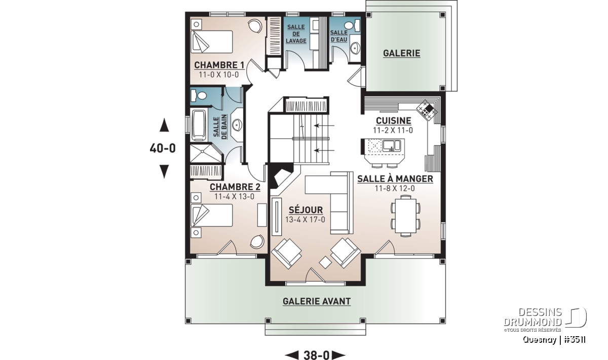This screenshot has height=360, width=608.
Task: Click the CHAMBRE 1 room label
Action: [219, 65]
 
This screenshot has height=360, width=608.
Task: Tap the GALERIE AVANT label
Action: [317, 301]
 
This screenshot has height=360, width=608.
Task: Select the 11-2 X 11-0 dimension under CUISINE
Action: [393, 131]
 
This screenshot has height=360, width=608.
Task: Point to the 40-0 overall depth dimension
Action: [163, 148]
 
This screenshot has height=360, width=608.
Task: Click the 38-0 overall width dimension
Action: [316, 355]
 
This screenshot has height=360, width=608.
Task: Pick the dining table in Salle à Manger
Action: [405, 216]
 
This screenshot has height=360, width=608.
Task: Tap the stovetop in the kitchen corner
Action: [427, 110]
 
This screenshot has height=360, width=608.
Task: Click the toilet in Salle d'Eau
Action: [352, 25]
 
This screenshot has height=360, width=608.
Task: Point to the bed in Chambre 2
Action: [212, 215]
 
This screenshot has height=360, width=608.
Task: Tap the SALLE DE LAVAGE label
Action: [296, 34]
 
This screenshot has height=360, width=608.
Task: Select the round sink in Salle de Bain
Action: [237, 125]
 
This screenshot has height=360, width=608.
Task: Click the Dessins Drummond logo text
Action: [533, 317]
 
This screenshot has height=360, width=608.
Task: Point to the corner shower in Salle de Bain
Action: [206, 153]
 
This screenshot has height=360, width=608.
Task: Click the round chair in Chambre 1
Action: [255, 27]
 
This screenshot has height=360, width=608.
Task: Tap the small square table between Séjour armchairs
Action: [325, 262]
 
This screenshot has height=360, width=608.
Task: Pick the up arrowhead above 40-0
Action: [164, 125]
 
